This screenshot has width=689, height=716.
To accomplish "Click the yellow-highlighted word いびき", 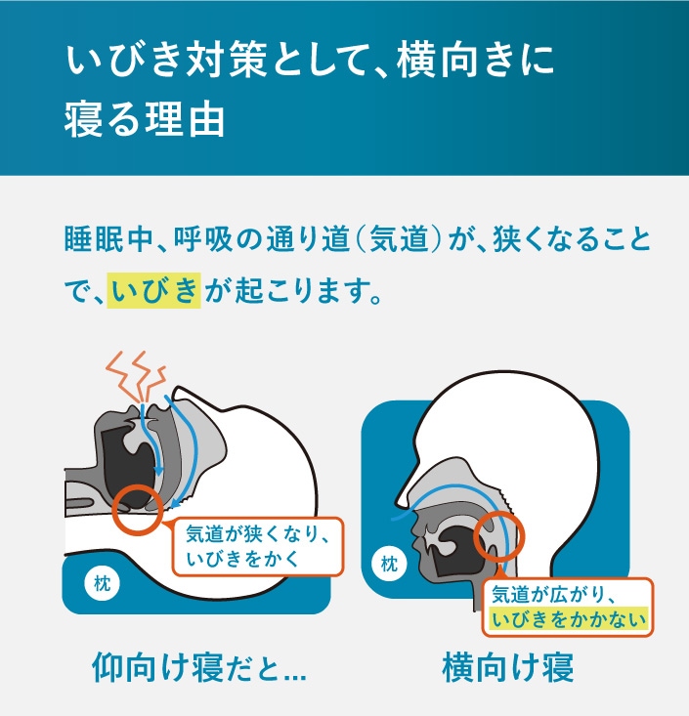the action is [x=154, y=290].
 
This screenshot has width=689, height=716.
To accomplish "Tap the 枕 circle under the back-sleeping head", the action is [x=102, y=583].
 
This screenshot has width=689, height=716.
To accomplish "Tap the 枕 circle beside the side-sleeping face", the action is [x=389, y=565].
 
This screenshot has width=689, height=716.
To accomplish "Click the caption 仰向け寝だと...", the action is [x=199, y=668].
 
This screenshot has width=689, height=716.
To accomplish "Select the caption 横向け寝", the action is [x=508, y=667].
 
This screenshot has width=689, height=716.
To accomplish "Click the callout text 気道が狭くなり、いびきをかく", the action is [x=257, y=546].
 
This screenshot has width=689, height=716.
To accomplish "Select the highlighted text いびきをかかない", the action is [x=569, y=619].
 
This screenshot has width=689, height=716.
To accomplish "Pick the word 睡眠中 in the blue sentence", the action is [x=108, y=238].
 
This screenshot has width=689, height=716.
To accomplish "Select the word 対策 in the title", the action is [x=226, y=61].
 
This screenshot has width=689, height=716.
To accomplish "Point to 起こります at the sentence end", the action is [x=308, y=291].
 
